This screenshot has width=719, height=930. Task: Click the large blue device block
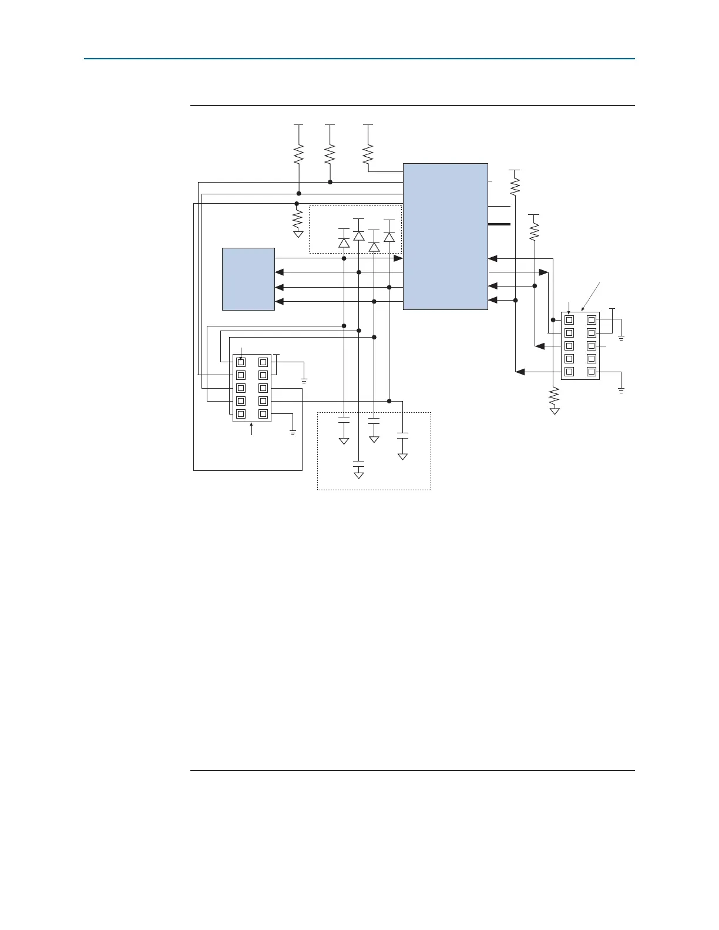[445, 236]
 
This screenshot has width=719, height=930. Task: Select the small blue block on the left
[248, 279]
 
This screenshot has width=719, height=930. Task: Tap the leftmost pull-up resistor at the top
[298, 154]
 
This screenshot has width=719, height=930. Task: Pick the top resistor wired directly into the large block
[368, 154]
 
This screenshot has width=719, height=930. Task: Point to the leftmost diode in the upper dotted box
[344, 242]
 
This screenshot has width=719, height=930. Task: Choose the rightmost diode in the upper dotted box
[389, 237]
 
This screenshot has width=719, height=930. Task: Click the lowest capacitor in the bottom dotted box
[358, 463]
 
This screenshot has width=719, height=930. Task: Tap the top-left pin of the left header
[241, 362]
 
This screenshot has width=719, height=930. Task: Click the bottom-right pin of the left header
[263, 414]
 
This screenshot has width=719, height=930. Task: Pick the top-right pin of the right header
[592, 320]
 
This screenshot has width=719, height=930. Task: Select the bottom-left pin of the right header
[569, 372]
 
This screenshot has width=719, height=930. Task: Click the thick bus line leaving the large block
[499, 224]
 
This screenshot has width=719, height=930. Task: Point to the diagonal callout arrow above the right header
[591, 296]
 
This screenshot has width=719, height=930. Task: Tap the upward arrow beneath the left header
[251, 429]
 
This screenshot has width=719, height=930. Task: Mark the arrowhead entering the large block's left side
[398, 258]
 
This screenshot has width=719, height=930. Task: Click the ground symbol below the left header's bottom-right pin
[293, 433]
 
